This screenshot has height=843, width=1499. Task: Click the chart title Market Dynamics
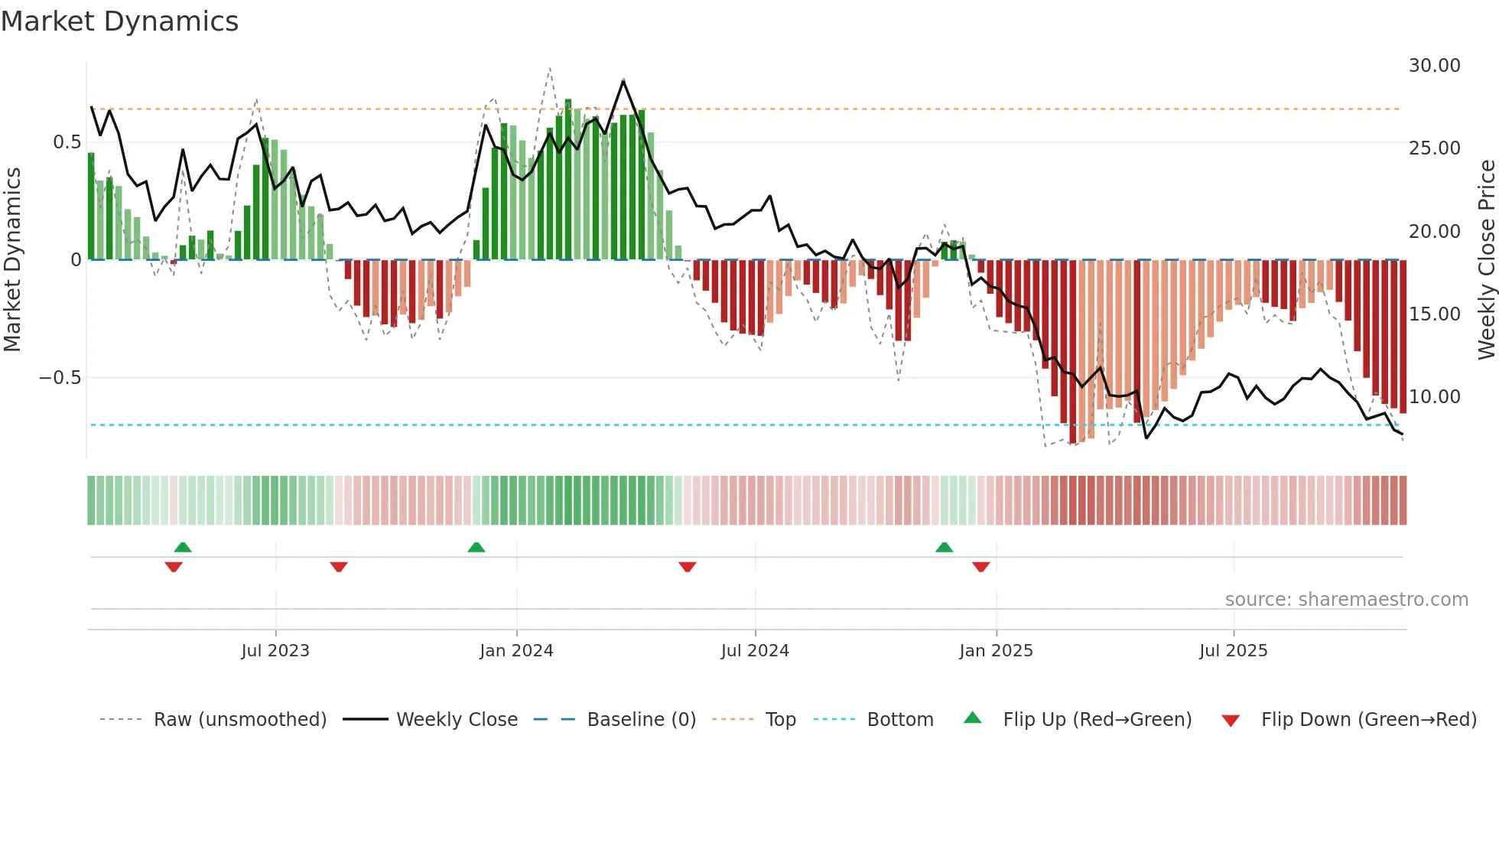[119, 21]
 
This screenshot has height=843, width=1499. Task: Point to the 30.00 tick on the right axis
[1434, 66]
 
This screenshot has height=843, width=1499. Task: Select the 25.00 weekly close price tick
[1434, 148]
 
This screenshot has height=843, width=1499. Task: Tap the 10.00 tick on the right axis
[1434, 397]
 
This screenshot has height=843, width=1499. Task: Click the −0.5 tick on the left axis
[60, 378]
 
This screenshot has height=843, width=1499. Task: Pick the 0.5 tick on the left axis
[67, 142]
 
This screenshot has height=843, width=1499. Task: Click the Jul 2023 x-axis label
[275, 651]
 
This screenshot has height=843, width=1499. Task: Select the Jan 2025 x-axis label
[996, 651]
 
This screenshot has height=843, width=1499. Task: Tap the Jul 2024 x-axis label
[755, 651]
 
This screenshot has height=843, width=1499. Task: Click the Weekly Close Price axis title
[1486, 260]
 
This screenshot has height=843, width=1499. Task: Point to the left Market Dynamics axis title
[12, 260]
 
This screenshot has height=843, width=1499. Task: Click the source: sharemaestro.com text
[1346, 600]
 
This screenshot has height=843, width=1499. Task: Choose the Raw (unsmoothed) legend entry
[239, 720]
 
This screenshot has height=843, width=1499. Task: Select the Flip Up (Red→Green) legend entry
[1097, 720]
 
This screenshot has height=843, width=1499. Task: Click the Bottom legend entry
[899, 720]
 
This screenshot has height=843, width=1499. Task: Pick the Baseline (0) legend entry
[641, 720]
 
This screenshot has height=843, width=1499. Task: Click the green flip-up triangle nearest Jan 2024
[476, 547]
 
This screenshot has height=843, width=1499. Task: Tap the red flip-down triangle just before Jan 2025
[981, 567]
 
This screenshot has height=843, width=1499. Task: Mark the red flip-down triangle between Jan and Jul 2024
[688, 567]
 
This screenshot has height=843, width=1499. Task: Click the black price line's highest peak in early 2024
[624, 80]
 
